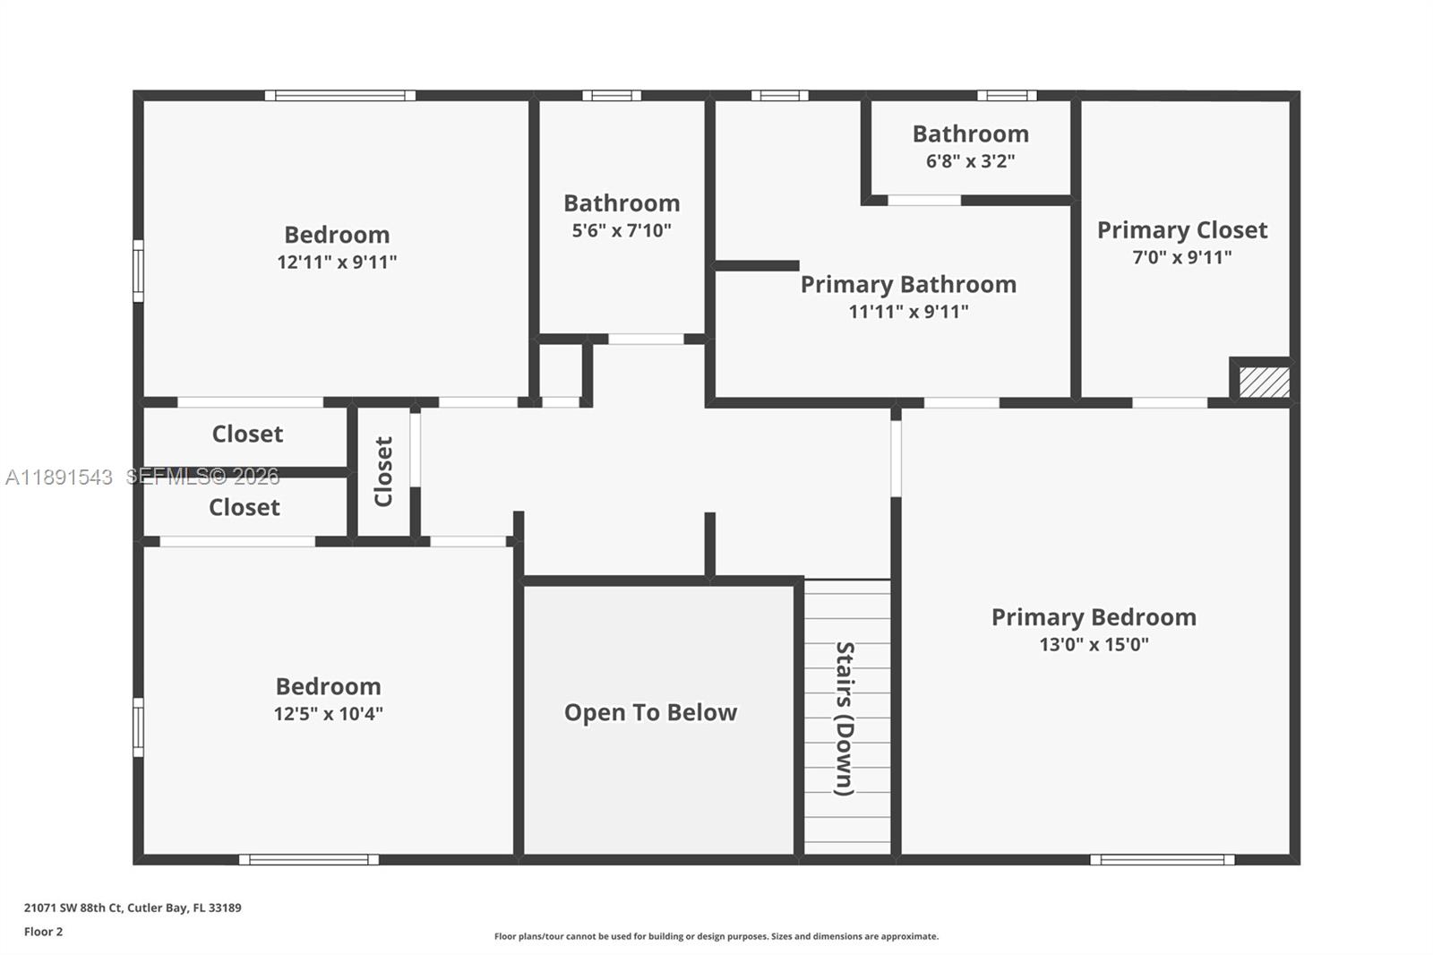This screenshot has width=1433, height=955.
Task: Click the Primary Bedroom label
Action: [x=1093, y=617]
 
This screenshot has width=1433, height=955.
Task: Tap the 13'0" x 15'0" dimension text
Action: [x=1093, y=644]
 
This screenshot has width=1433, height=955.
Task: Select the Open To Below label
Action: [x=650, y=712]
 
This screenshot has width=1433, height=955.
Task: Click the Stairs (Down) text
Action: [x=845, y=718]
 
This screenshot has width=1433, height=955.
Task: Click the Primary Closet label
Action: [x=1181, y=230]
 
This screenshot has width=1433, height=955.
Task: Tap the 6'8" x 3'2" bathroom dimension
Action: [x=970, y=161]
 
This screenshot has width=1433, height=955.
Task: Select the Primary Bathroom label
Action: [x=908, y=285]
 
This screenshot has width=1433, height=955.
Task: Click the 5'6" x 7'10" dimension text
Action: [x=622, y=230]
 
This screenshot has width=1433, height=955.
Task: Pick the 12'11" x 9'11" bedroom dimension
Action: [x=337, y=262]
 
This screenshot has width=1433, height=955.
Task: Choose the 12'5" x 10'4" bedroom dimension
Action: [x=328, y=714]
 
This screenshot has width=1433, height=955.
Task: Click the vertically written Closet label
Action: [x=383, y=471]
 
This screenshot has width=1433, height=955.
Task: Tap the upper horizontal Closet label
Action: [x=247, y=434]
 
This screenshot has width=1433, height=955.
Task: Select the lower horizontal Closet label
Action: [x=245, y=508]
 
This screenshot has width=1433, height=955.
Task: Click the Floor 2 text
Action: [x=43, y=932]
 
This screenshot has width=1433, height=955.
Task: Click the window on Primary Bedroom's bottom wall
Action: [x=1162, y=860]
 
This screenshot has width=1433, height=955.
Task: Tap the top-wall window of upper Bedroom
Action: [x=339, y=95]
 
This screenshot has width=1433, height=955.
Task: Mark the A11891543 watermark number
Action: [x=59, y=477]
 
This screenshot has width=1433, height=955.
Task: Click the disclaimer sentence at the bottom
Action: [x=716, y=936]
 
